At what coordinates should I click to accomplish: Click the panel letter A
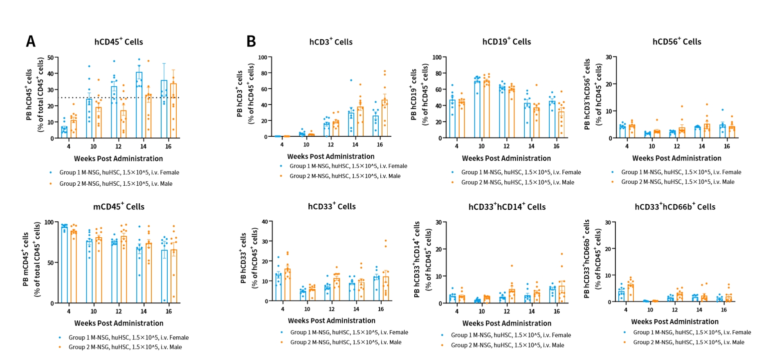coord(31,41)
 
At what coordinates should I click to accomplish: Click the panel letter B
coord(251,41)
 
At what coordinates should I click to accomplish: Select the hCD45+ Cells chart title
coord(119,42)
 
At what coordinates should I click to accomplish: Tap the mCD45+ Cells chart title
coord(119,207)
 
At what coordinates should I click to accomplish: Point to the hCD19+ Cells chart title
coord(506,42)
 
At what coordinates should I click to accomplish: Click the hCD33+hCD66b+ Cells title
coord(675,207)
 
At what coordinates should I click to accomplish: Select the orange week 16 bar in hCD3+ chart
coord(385,119)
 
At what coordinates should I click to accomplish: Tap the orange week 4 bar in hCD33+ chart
coord(288,285)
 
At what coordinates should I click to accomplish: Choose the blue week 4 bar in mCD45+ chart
coord(64,264)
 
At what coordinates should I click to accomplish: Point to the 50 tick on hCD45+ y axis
coord(50,58)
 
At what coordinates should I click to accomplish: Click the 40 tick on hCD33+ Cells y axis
coord(265,222)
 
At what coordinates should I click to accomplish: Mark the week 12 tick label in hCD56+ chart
coord(677,146)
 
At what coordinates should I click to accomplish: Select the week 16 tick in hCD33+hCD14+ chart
coord(557,311)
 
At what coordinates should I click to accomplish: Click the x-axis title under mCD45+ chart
coord(119,323)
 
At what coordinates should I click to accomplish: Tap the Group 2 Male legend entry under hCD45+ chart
coord(116,184)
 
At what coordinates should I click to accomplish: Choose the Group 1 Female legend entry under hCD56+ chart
coord(681,172)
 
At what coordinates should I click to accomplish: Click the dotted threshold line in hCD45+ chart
coord(119,98)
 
